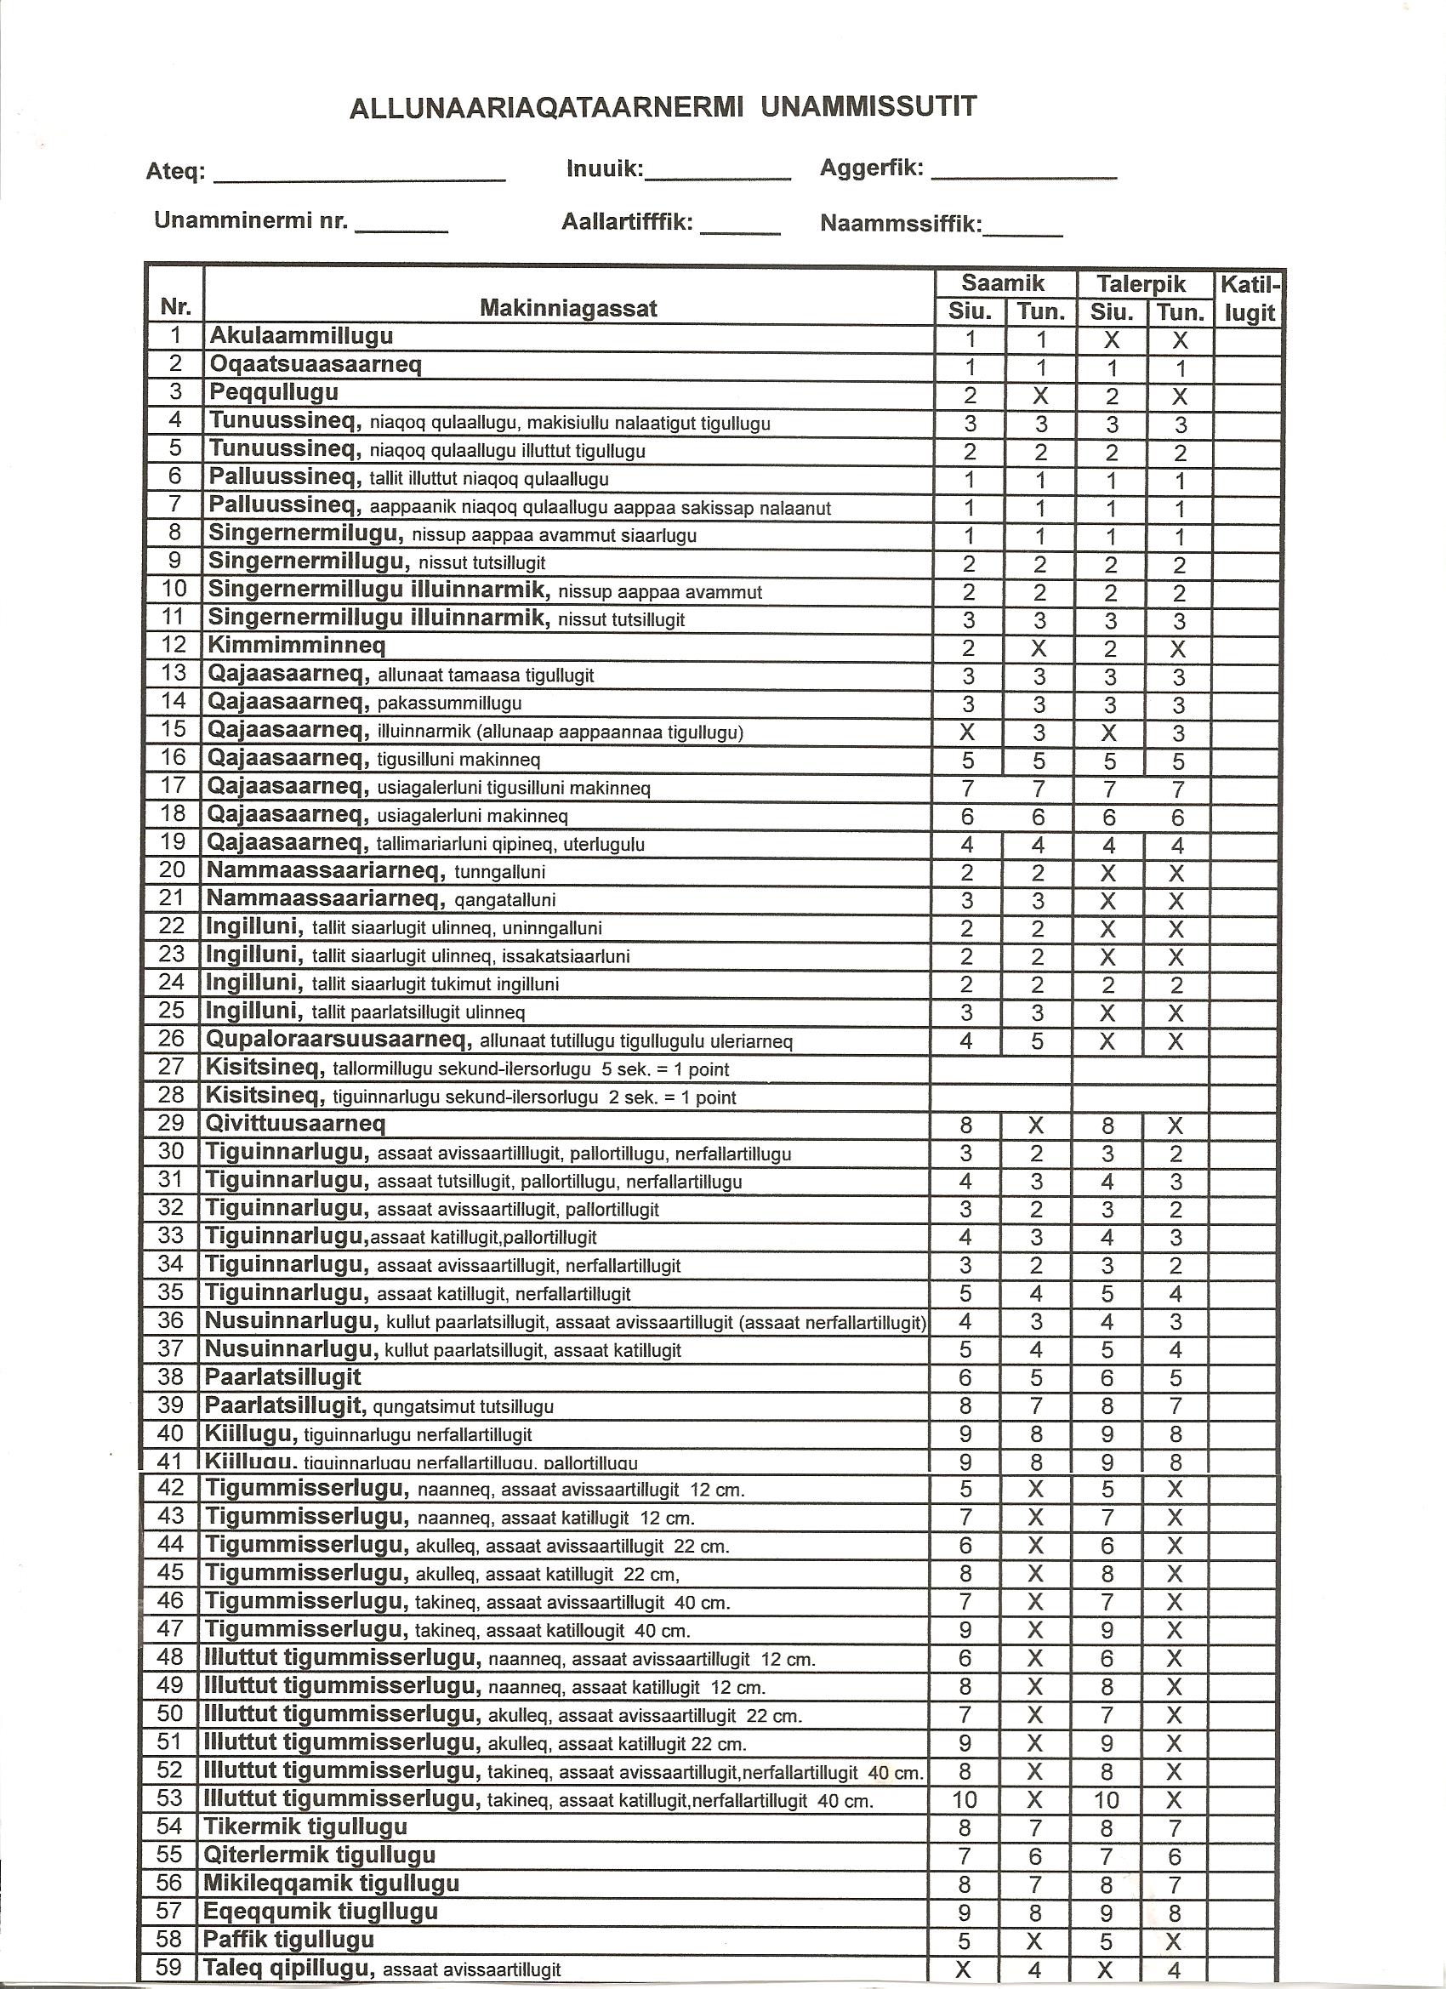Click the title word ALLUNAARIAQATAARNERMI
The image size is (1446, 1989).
point(545,108)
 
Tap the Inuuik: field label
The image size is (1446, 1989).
point(605,168)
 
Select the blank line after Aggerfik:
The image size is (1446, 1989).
point(1023,173)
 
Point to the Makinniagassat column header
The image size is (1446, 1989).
point(568,308)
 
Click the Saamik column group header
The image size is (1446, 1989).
point(1003,283)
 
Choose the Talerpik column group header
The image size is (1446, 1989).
point(1141,283)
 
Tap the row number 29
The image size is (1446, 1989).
point(172,1123)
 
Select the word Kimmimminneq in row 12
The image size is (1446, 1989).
point(296,646)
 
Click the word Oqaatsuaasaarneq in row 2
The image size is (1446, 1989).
point(315,364)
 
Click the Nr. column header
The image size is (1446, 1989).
point(174,307)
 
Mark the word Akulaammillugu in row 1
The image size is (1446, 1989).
point(301,336)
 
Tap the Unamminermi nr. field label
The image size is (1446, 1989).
point(251,220)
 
